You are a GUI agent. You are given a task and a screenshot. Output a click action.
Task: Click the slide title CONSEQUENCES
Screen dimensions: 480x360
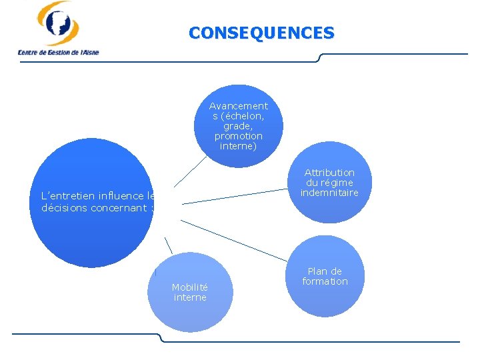(261, 33)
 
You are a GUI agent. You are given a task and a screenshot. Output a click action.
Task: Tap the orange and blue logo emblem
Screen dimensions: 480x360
(58, 23)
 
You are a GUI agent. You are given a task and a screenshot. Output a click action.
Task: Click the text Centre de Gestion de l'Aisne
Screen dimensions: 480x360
(58, 52)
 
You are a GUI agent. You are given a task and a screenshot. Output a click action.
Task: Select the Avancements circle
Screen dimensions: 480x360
(238, 125)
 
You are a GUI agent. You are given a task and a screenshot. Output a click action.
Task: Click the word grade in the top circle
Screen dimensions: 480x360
(238, 126)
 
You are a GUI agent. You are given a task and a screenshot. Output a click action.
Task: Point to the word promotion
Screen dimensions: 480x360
(238, 136)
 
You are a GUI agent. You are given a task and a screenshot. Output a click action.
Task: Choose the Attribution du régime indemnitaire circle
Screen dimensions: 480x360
(329, 183)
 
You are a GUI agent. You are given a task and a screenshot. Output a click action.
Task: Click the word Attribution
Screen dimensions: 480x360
(329, 173)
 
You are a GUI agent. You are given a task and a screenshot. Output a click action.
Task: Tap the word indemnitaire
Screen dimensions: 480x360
(329, 193)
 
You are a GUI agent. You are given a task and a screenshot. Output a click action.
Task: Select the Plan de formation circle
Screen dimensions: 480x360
(325, 276)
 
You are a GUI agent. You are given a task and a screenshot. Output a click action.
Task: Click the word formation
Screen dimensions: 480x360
(325, 281)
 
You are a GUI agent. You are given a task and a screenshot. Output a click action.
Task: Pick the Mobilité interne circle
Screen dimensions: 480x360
(190, 292)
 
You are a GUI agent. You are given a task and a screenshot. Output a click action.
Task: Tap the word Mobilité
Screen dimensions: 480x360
(190, 287)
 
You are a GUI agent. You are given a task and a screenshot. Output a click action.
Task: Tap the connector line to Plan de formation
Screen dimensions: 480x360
(233, 239)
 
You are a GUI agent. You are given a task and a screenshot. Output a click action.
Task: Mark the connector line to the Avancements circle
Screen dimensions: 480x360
(190, 171)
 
